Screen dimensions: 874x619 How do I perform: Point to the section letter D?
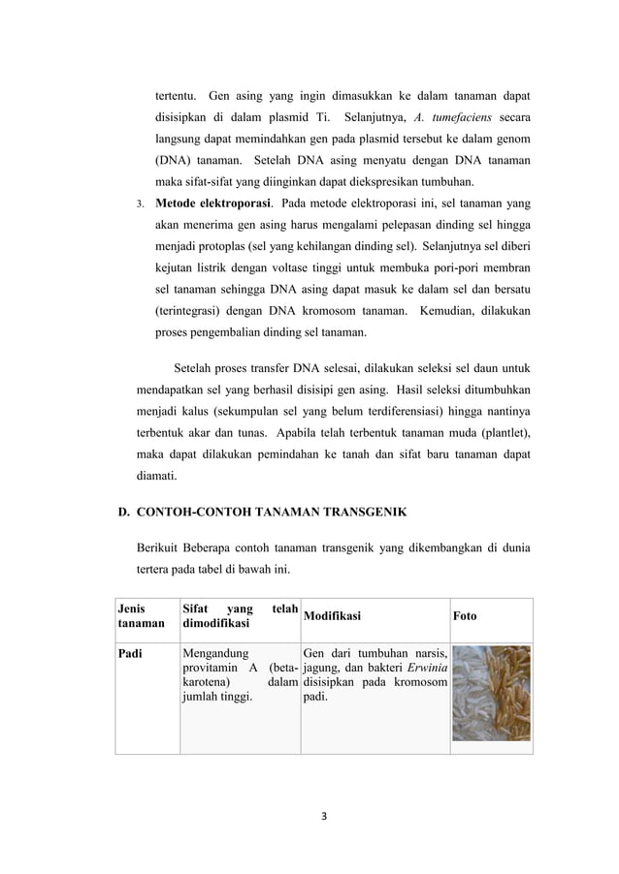[x=123, y=511]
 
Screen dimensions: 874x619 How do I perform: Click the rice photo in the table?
[x=491, y=693]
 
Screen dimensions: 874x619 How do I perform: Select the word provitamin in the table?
[x=215, y=668]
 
